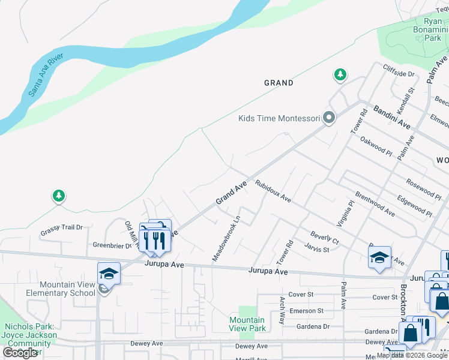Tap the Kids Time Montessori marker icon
[x=328, y=118]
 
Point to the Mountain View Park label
[x=247, y=324]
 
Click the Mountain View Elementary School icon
[x=109, y=274]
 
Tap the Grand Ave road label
[x=232, y=193]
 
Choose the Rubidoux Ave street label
[x=273, y=191]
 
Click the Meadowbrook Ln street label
[x=226, y=238]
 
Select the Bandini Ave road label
[x=392, y=117]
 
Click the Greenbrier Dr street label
[x=112, y=245]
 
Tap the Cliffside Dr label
[x=399, y=74]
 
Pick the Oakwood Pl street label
[x=376, y=147]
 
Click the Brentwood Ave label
[x=375, y=204]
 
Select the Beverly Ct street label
[x=324, y=238]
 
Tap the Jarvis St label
[x=317, y=248]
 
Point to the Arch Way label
[x=282, y=310]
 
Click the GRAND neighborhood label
[x=279, y=83]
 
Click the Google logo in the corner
[x=20, y=353]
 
